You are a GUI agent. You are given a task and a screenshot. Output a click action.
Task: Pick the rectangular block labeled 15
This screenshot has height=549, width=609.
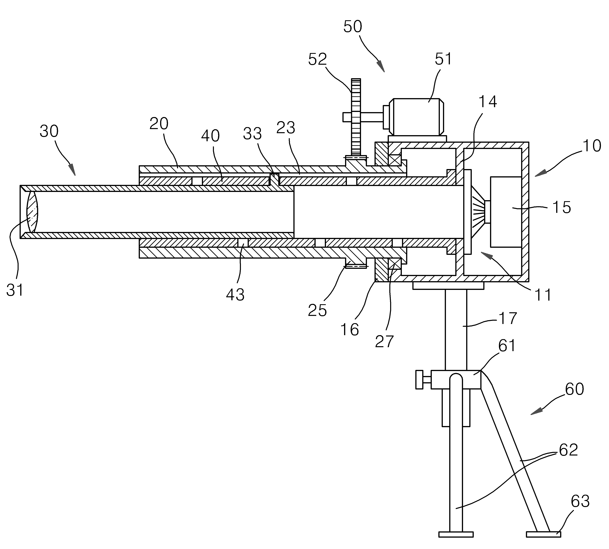pos(506,212)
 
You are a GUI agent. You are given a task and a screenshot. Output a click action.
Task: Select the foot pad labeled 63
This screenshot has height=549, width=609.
pos(543,534)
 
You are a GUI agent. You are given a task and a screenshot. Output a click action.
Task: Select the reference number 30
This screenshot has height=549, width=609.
pos(49,132)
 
